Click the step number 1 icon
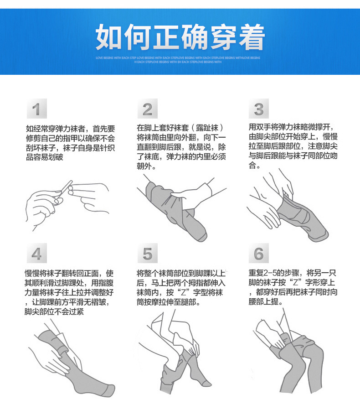tap(36, 109)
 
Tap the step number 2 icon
tap(147, 109)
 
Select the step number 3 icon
tap(258, 109)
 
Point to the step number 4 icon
tap(36, 254)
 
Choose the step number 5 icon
tap(147, 254)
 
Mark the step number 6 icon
tap(258, 254)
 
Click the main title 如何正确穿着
tap(180, 37)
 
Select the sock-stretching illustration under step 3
tap(287, 208)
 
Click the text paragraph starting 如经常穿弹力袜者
tap(70, 143)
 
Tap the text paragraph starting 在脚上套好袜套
tap(181, 147)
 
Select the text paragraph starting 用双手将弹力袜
tap(293, 146)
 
